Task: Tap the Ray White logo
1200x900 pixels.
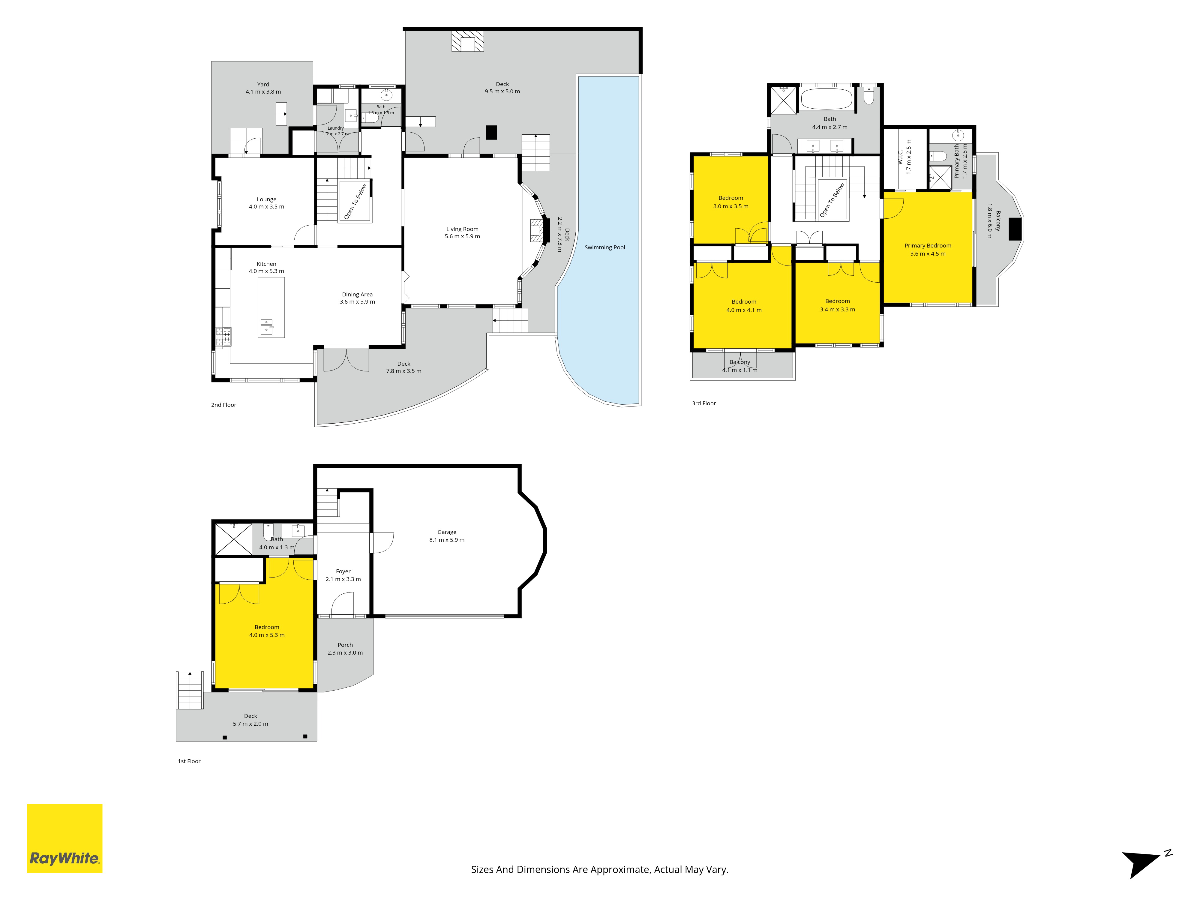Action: click(x=64, y=838)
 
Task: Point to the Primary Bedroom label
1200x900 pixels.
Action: click(x=928, y=246)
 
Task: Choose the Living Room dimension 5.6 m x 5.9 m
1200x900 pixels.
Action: click(x=462, y=236)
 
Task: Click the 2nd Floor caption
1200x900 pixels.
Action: click(x=223, y=405)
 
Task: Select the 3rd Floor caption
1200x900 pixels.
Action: click(x=703, y=403)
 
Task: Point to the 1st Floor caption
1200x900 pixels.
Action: click(x=189, y=761)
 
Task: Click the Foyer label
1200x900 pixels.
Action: click(x=343, y=571)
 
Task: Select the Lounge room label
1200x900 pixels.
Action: click(x=266, y=199)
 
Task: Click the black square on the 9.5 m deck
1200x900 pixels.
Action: click(x=491, y=132)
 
